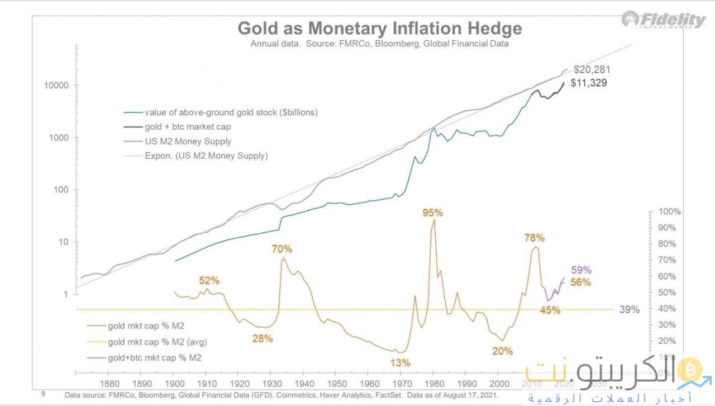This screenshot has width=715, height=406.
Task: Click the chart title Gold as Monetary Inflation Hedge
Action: (x=380, y=29)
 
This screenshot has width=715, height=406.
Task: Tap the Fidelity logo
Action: (x=664, y=20)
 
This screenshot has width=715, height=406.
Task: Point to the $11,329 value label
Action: (x=588, y=83)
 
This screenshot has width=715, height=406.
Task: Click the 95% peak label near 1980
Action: (x=432, y=213)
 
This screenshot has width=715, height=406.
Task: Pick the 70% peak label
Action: (x=282, y=249)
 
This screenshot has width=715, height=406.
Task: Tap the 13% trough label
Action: (x=400, y=362)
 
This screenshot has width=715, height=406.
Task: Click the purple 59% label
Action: (x=581, y=270)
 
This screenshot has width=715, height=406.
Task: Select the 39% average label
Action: (x=630, y=309)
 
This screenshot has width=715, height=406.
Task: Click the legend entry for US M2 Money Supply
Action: (x=188, y=141)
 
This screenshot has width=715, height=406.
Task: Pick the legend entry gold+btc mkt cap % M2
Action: (x=155, y=357)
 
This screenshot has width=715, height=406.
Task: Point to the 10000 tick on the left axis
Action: (x=56, y=86)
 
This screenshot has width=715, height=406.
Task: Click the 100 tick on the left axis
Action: (x=60, y=190)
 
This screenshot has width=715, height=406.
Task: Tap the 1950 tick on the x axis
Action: (x=336, y=384)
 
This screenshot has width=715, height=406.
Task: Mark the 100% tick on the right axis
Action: (x=669, y=212)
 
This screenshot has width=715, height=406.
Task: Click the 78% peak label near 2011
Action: (x=534, y=238)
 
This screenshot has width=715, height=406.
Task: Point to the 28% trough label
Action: (x=262, y=338)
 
